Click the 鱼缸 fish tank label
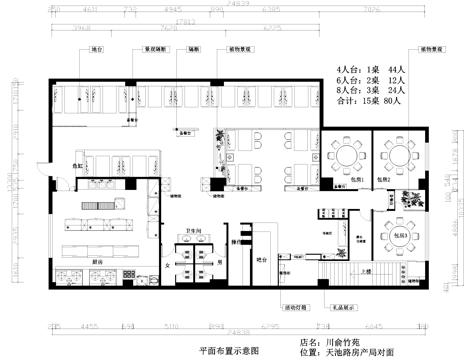(x=77, y=166)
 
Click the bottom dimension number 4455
(x=90, y=325)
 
